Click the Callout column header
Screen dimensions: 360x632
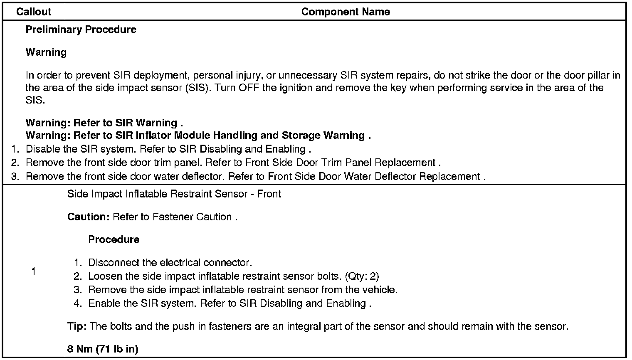pyautogui.click(x=33, y=12)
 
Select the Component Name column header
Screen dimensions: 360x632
pyautogui.click(x=345, y=12)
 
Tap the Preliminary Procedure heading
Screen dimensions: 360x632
pyautogui.click(x=81, y=30)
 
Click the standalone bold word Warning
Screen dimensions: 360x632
pyautogui.click(x=46, y=52)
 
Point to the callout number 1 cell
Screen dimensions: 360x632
pyautogui.click(x=33, y=271)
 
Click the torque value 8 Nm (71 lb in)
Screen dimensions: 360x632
pyautogui.click(x=103, y=349)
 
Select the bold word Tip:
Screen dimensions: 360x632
pyautogui.click(x=77, y=326)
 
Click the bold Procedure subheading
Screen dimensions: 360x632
pyautogui.click(x=114, y=240)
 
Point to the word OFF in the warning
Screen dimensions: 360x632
pyautogui.click(x=247, y=88)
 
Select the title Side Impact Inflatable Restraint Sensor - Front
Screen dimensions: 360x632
pyautogui.click(x=174, y=194)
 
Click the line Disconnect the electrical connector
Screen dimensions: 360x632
pyautogui.click(x=170, y=263)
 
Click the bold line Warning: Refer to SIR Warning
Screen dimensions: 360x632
pyautogui.click(x=104, y=123)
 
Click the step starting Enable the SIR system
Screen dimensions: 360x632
pyautogui.click(x=230, y=303)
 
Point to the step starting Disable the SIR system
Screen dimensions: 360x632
pyautogui.click(x=168, y=149)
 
